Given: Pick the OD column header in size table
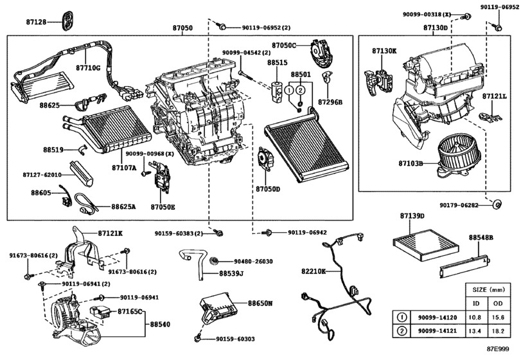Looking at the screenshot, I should (498, 304).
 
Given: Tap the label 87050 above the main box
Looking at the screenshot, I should (182, 28).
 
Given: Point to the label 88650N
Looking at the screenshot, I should (260, 302).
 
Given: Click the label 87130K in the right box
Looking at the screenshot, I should (384, 50).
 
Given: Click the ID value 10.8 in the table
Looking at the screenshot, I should (475, 317).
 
